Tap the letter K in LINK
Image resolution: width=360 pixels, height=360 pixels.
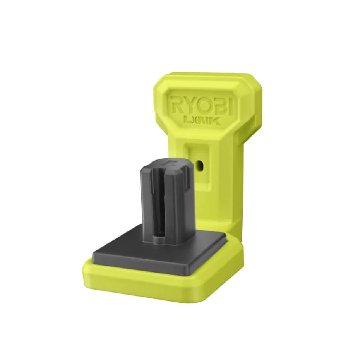tap(216, 120)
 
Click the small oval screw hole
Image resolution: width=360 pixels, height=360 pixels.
tap(200, 165)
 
